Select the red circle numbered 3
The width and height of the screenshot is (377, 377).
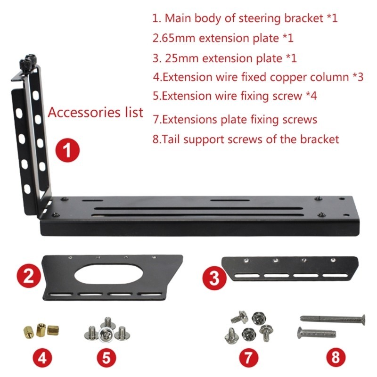point(214,279)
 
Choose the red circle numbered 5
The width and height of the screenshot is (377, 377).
point(107,358)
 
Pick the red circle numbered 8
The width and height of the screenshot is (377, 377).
point(335,357)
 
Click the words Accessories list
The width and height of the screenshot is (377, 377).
point(96,113)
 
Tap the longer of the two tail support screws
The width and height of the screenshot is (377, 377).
point(333,319)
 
